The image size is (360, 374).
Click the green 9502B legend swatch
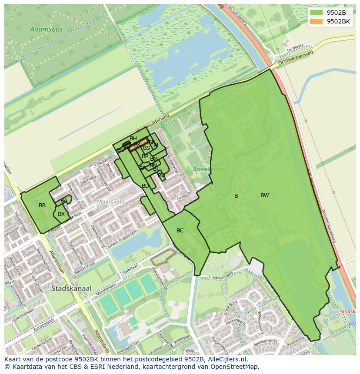316,13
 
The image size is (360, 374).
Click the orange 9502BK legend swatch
316,21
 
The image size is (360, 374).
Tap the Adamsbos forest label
47,30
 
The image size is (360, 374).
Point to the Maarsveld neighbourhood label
111,202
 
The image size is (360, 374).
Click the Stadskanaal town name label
71,288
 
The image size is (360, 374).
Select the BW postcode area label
264,195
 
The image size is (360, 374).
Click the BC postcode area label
180,231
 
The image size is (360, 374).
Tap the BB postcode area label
42,205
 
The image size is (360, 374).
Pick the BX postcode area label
61,214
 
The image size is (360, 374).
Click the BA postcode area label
64,201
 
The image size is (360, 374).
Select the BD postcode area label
145,186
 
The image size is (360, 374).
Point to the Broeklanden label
209,169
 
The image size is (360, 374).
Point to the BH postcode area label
133,139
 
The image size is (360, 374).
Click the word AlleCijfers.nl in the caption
226,360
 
